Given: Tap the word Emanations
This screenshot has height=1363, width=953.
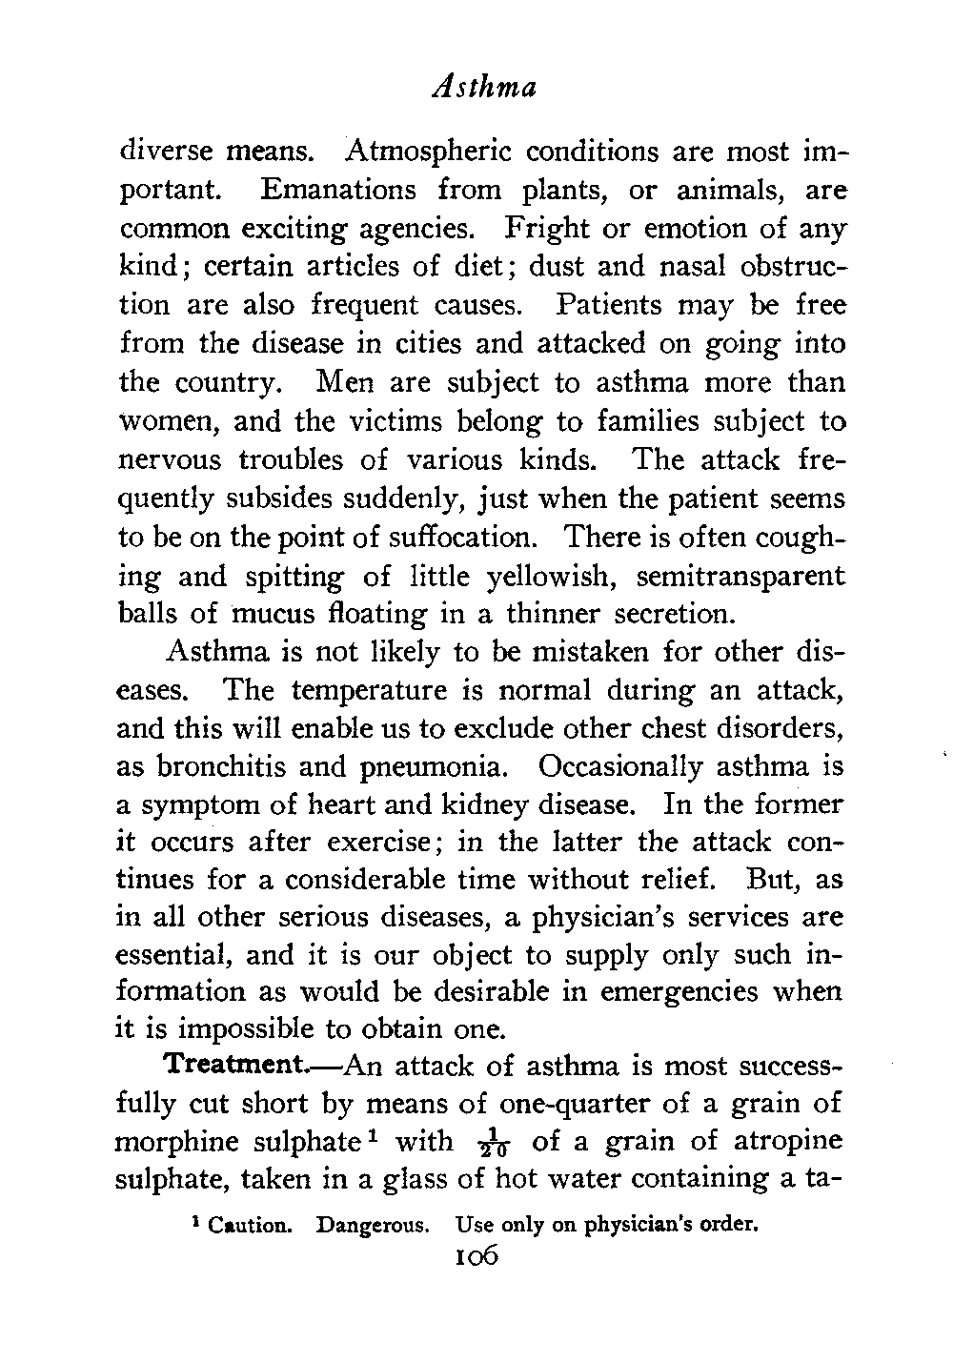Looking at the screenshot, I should point(338,190).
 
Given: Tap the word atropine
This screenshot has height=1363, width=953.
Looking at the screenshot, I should point(791,1142).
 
